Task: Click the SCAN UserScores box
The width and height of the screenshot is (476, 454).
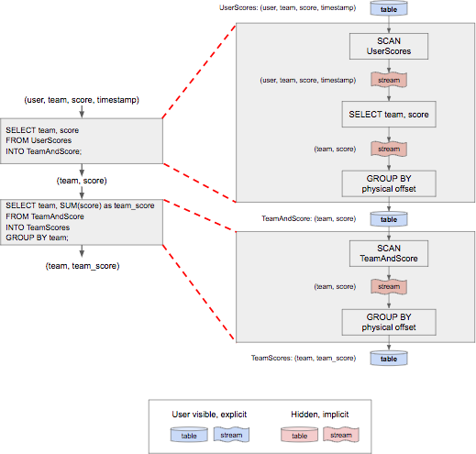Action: (389, 46)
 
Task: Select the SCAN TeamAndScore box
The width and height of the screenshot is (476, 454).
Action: (389, 253)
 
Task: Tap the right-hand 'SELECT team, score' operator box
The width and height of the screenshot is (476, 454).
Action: (389, 115)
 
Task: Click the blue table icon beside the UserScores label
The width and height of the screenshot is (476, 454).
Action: (389, 8)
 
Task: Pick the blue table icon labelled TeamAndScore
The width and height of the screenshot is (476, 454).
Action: (389, 219)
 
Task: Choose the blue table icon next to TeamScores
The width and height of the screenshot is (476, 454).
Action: (389, 358)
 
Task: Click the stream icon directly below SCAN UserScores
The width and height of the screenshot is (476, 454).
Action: (389, 80)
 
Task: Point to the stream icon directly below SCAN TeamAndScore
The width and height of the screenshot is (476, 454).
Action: (389, 286)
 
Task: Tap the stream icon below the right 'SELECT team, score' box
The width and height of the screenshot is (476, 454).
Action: (389, 149)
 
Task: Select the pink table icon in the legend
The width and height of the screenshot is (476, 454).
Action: (299, 435)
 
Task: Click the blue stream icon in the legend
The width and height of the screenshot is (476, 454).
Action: (231, 435)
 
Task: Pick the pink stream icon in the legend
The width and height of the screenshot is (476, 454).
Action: (341, 435)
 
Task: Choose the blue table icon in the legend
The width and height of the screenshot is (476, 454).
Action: (189, 435)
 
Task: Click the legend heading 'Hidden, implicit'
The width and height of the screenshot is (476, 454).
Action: (320, 415)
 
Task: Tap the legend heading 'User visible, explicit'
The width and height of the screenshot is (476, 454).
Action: (209, 415)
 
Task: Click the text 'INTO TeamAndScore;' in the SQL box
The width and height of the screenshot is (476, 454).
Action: (44, 151)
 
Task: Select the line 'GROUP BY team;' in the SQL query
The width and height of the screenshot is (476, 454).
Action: (37, 238)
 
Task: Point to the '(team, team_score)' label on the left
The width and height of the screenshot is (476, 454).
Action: (83, 266)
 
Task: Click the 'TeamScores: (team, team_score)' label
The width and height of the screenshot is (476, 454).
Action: (304, 358)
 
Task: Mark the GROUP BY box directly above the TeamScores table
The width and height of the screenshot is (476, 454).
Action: (389, 322)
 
